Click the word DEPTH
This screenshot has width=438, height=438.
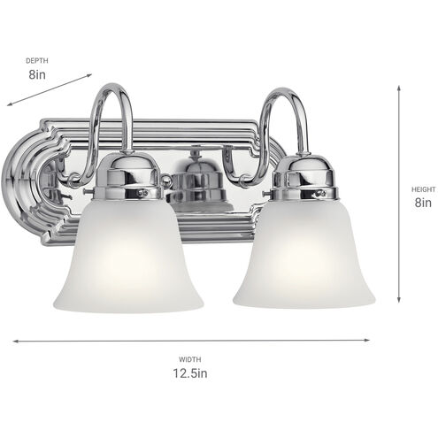coord(36,60)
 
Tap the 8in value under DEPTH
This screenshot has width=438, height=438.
coord(36,75)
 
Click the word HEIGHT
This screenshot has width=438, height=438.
coord(422,188)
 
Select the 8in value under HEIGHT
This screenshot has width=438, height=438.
coord(422,203)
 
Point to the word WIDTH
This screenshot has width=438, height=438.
coord(190,358)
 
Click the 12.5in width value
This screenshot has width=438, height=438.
coord(190,373)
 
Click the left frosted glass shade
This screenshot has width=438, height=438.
coord(127,261)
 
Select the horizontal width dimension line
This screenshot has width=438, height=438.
coord(190,339)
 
